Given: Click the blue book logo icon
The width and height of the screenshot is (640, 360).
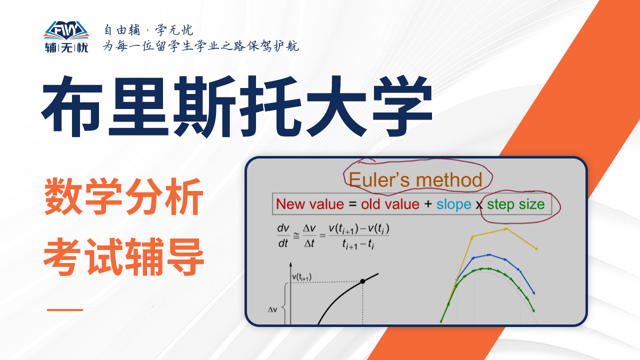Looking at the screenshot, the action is [66, 30].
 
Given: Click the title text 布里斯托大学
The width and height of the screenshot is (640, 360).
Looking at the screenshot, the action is [237, 106].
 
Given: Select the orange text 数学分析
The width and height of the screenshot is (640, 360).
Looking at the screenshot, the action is [123, 196].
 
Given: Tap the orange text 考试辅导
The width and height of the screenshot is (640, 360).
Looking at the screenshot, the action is [123, 256].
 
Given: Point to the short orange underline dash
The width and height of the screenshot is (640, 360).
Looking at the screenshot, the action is [65, 309].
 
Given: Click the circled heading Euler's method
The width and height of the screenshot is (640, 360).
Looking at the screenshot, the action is [415, 179].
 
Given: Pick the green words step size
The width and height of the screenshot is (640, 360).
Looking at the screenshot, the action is [515, 204].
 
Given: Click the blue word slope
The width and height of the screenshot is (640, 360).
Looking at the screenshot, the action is [453, 204].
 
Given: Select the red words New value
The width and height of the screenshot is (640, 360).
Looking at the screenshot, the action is [310, 204].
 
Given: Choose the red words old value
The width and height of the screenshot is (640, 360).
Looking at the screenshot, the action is [390, 204].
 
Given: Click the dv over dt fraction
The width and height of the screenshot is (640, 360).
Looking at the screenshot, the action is [283, 235].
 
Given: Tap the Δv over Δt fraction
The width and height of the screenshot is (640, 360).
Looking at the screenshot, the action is [309, 235].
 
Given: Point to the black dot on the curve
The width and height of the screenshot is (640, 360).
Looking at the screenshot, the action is [362, 281].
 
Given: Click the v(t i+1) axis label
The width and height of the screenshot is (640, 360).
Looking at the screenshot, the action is [301, 277].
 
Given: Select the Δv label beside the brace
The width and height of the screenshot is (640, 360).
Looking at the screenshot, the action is [272, 309].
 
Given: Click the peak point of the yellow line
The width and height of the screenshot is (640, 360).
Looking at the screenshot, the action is [506, 229].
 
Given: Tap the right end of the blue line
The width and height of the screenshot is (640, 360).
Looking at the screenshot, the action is [533, 293].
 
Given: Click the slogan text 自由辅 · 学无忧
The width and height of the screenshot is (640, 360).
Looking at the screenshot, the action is [148, 29].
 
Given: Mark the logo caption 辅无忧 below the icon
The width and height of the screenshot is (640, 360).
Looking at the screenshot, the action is [66, 47].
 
